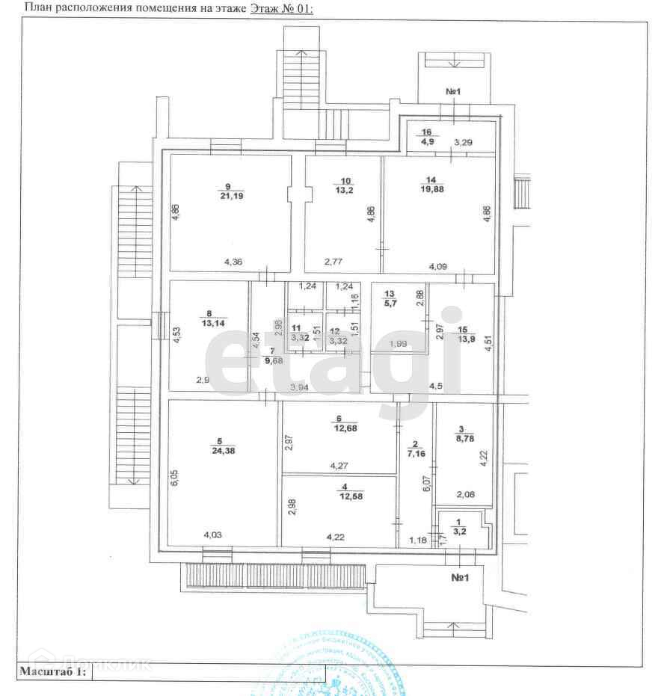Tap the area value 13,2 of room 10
click(345, 191)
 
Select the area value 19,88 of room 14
click(431, 189)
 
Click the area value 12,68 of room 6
click(339, 428)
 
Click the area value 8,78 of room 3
click(462, 439)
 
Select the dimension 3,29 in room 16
click(464, 141)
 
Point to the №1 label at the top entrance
click(453, 91)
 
